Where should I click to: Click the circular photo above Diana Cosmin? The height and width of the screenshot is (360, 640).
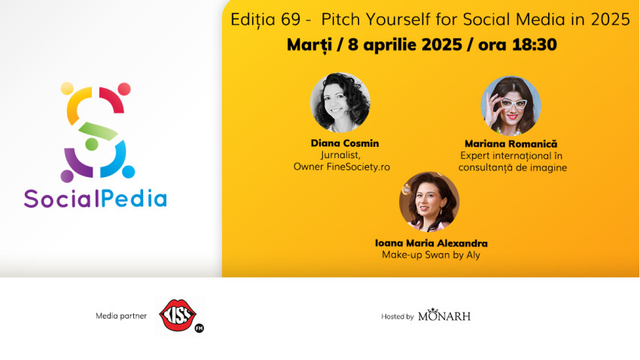pyautogui.click(x=340, y=102)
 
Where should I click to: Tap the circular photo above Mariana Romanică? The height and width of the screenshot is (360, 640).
pyautogui.click(x=511, y=105)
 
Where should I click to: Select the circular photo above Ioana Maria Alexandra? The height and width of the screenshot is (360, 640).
pyautogui.click(x=428, y=202)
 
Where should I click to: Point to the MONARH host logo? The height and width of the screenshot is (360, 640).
pyautogui.click(x=444, y=316)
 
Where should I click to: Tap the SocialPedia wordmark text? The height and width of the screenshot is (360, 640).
pyautogui.click(x=96, y=198)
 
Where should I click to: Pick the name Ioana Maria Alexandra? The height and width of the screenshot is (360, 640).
pyautogui.click(x=431, y=243)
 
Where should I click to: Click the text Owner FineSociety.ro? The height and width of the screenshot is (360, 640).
pyautogui.click(x=341, y=166)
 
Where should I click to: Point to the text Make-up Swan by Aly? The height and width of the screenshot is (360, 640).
pyautogui.click(x=431, y=255)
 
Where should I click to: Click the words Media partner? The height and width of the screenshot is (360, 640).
pyautogui.click(x=119, y=316)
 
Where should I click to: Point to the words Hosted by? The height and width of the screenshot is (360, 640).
pyautogui.click(x=398, y=316)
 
